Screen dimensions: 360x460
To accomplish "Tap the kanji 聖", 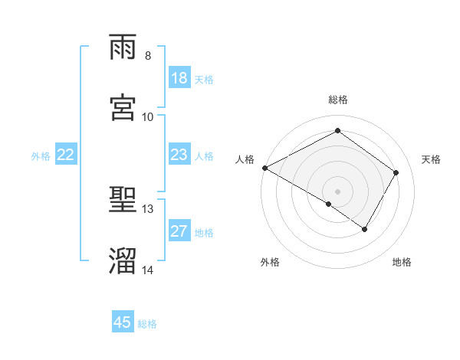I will [x=123, y=201].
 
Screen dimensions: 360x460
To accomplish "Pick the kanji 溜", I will [x=123, y=261].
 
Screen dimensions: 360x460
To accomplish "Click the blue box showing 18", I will [x=179, y=78].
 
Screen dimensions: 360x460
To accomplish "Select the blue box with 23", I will [x=179, y=155].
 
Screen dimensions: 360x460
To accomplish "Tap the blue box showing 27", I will [x=179, y=231].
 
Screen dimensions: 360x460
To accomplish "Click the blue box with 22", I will [x=66, y=155].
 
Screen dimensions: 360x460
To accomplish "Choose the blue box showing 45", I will [x=123, y=322].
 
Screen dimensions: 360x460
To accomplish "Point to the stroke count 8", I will [x=148, y=56].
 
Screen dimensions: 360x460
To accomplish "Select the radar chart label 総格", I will [x=338, y=100].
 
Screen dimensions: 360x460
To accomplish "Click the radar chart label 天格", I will [x=432, y=159].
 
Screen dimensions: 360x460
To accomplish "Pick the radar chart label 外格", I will [x=270, y=262].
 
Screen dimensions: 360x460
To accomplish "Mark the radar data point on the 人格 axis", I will [x=264, y=168].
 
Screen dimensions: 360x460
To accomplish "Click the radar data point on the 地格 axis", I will [x=365, y=229].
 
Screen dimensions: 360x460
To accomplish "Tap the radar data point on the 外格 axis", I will [x=329, y=204].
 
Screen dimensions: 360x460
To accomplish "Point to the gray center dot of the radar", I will [x=338, y=191].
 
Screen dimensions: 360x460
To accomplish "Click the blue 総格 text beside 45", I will [x=147, y=324].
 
